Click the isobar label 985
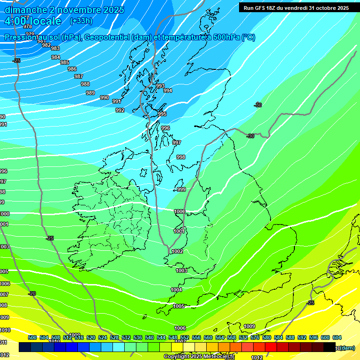[x=65, y=62]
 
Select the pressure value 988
[x=85, y=84]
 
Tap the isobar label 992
[x=120, y=110]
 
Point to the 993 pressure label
[x=160, y=86]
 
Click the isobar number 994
[x=168, y=90]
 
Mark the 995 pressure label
[x=162, y=114]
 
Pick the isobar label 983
[x=55, y=48]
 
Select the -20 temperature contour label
[x=32, y=293]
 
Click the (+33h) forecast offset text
[x=81, y=21]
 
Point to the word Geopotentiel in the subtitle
[x=107, y=37]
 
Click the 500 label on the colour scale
[x=32, y=337]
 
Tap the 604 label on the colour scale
[x=337, y=337]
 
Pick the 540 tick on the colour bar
[x=150, y=337]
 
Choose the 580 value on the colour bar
[x=267, y=337]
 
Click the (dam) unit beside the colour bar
[x=347, y=347]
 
